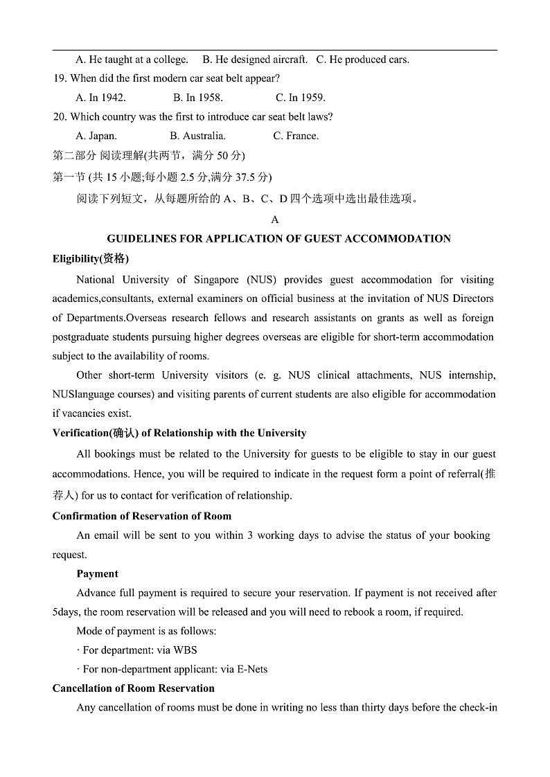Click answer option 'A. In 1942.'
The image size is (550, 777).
[x=100, y=98]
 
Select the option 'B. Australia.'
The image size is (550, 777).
[x=197, y=136]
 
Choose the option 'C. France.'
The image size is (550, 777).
[x=296, y=136]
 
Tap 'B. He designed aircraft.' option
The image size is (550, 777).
[x=255, y=60]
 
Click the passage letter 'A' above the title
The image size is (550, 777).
[x=275, y=220]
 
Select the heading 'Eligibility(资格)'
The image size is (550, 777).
[x=91, y=258]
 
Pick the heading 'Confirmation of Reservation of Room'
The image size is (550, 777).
[x=142, y=516]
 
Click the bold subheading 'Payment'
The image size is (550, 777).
[x=97, y=573]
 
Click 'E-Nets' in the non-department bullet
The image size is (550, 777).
[x=252, y=669]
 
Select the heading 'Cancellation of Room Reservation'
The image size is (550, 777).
[x=134, y=688]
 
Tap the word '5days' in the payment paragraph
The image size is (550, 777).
[x=66, y=612]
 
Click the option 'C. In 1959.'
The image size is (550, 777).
[x=301, y=98]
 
